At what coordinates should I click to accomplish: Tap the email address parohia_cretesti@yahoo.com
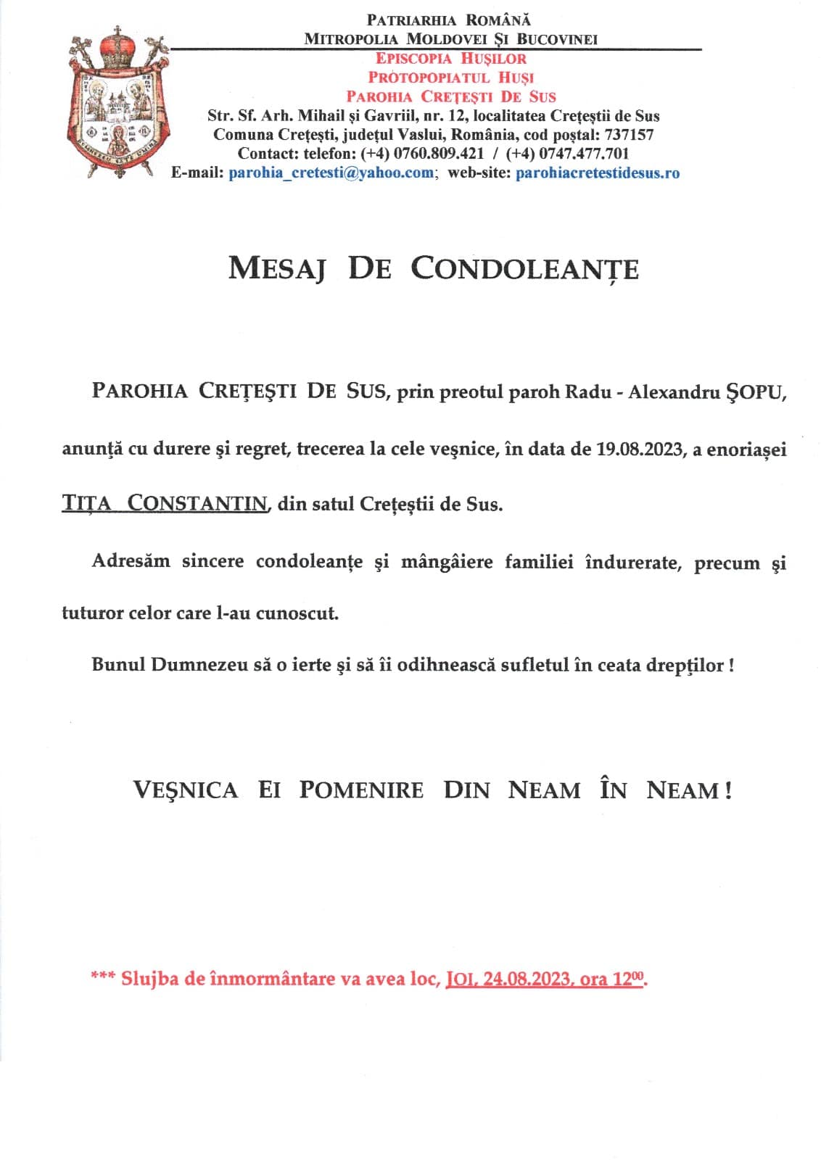point(331,173)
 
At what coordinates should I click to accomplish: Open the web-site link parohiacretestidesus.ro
point(597,173)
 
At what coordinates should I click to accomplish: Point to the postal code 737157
point(629,135)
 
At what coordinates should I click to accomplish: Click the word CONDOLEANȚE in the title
point(524,269)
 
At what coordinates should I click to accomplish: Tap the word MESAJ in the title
point(276,269)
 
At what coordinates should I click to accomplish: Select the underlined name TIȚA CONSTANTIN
point(165,503)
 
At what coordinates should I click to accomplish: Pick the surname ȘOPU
point(755,392)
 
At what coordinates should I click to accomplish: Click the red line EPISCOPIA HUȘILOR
point(450,59)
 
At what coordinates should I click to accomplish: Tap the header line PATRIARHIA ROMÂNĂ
point(449,20)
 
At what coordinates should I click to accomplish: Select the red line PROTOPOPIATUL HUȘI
point(450,78)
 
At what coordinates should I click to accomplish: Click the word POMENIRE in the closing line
point(361,790)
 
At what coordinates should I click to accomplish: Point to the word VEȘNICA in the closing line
point(185,790)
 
